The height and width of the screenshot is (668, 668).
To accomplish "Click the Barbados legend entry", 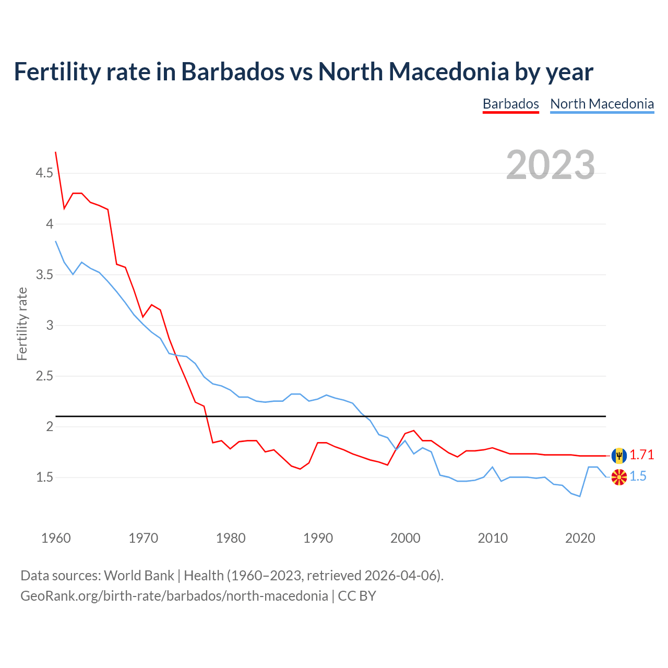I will [x=510, y=104].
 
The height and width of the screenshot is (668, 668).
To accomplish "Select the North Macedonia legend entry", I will [x=602, y=104].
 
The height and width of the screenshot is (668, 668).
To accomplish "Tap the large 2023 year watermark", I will [x=551, y=165].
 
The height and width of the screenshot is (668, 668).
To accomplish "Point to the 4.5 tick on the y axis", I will [x=44, y=173].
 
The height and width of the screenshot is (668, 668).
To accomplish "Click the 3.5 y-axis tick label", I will [x=44, y=275].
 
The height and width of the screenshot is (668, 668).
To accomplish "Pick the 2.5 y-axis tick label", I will [x=44, y=376].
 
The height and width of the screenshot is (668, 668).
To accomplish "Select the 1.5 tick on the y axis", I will [x=44, y=478].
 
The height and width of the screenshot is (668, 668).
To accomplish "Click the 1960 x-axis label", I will [x=56, y=538].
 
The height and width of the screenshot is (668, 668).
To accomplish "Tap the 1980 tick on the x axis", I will [x=231, y=538].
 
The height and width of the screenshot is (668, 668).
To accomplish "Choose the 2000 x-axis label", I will [x=405, y=538].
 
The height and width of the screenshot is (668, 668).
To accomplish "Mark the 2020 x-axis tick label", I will [x=580, y=538].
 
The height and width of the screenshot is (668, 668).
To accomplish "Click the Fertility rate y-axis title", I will [x=22, y=324].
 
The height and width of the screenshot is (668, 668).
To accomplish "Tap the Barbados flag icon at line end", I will [x=619, y=456].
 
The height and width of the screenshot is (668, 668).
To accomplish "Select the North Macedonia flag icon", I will [x=619, y=477].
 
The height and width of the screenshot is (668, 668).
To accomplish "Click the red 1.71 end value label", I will [x=641, y=455].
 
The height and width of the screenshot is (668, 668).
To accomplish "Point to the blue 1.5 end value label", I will [x=638, y=476].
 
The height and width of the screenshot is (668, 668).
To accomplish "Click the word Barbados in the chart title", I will [x=233, y=71].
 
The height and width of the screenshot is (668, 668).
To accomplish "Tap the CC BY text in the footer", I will [x=357, y=596].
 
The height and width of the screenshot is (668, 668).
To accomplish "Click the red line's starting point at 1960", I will [x=56, y=152].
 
